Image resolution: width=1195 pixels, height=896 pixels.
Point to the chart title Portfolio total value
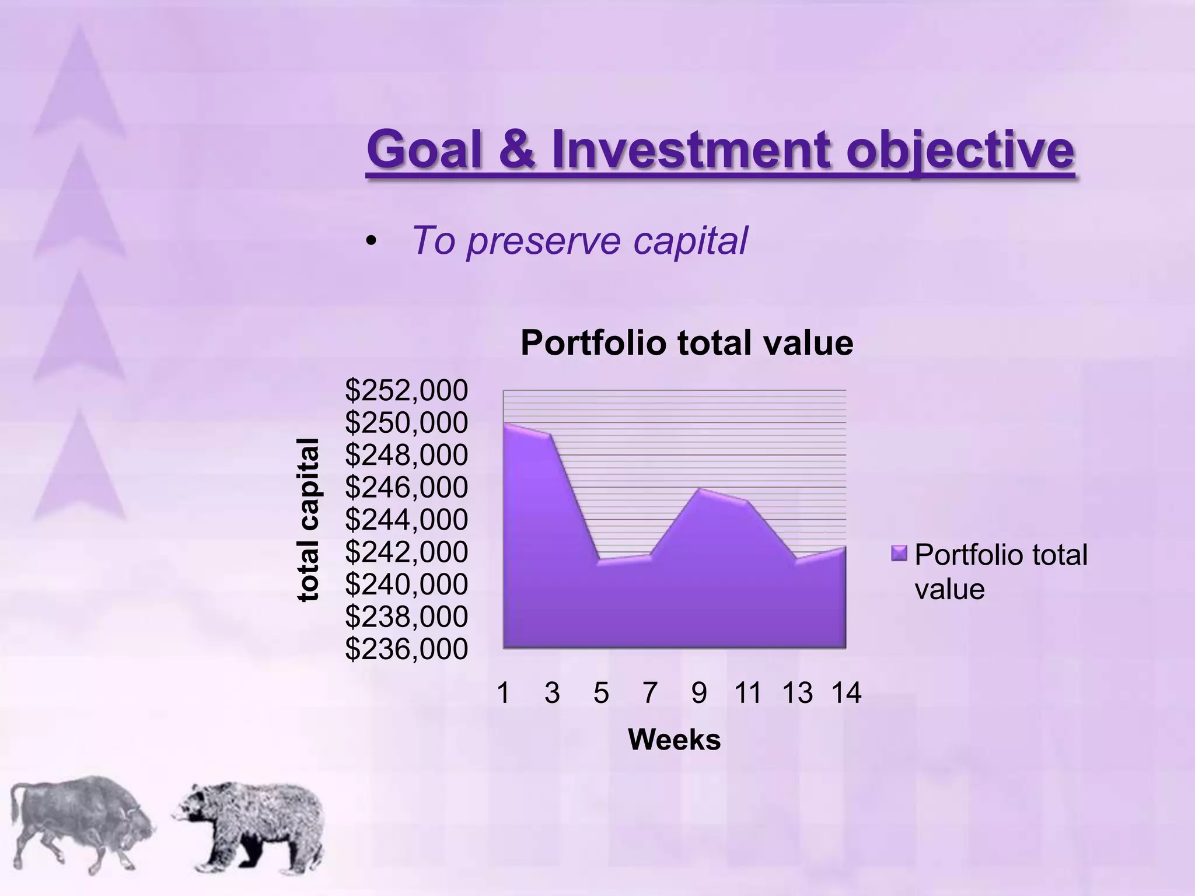[x=686, y=343]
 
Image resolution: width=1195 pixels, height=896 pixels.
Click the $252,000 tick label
[x=406, y=390]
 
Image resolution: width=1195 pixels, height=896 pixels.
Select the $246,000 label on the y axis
[x=406, y=487]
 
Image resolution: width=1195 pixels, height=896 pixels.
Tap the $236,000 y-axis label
[x=406, y=649]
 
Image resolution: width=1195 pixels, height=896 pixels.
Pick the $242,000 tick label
[x=406, y=552]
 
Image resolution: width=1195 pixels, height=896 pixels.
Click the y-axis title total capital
[x=309, y=519]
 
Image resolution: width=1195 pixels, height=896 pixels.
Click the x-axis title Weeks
[x=674, y=740]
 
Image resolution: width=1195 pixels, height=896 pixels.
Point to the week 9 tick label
[x=698, y=693]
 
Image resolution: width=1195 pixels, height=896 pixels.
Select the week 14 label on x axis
[x=846, y=693]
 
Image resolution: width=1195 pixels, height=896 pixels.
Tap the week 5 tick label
[x=601, y=693]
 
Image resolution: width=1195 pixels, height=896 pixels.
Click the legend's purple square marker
[x=899, y=553]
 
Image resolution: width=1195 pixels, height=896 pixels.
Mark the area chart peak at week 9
[x=699, y=489]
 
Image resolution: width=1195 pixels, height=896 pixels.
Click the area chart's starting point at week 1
[x=505, y=424]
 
